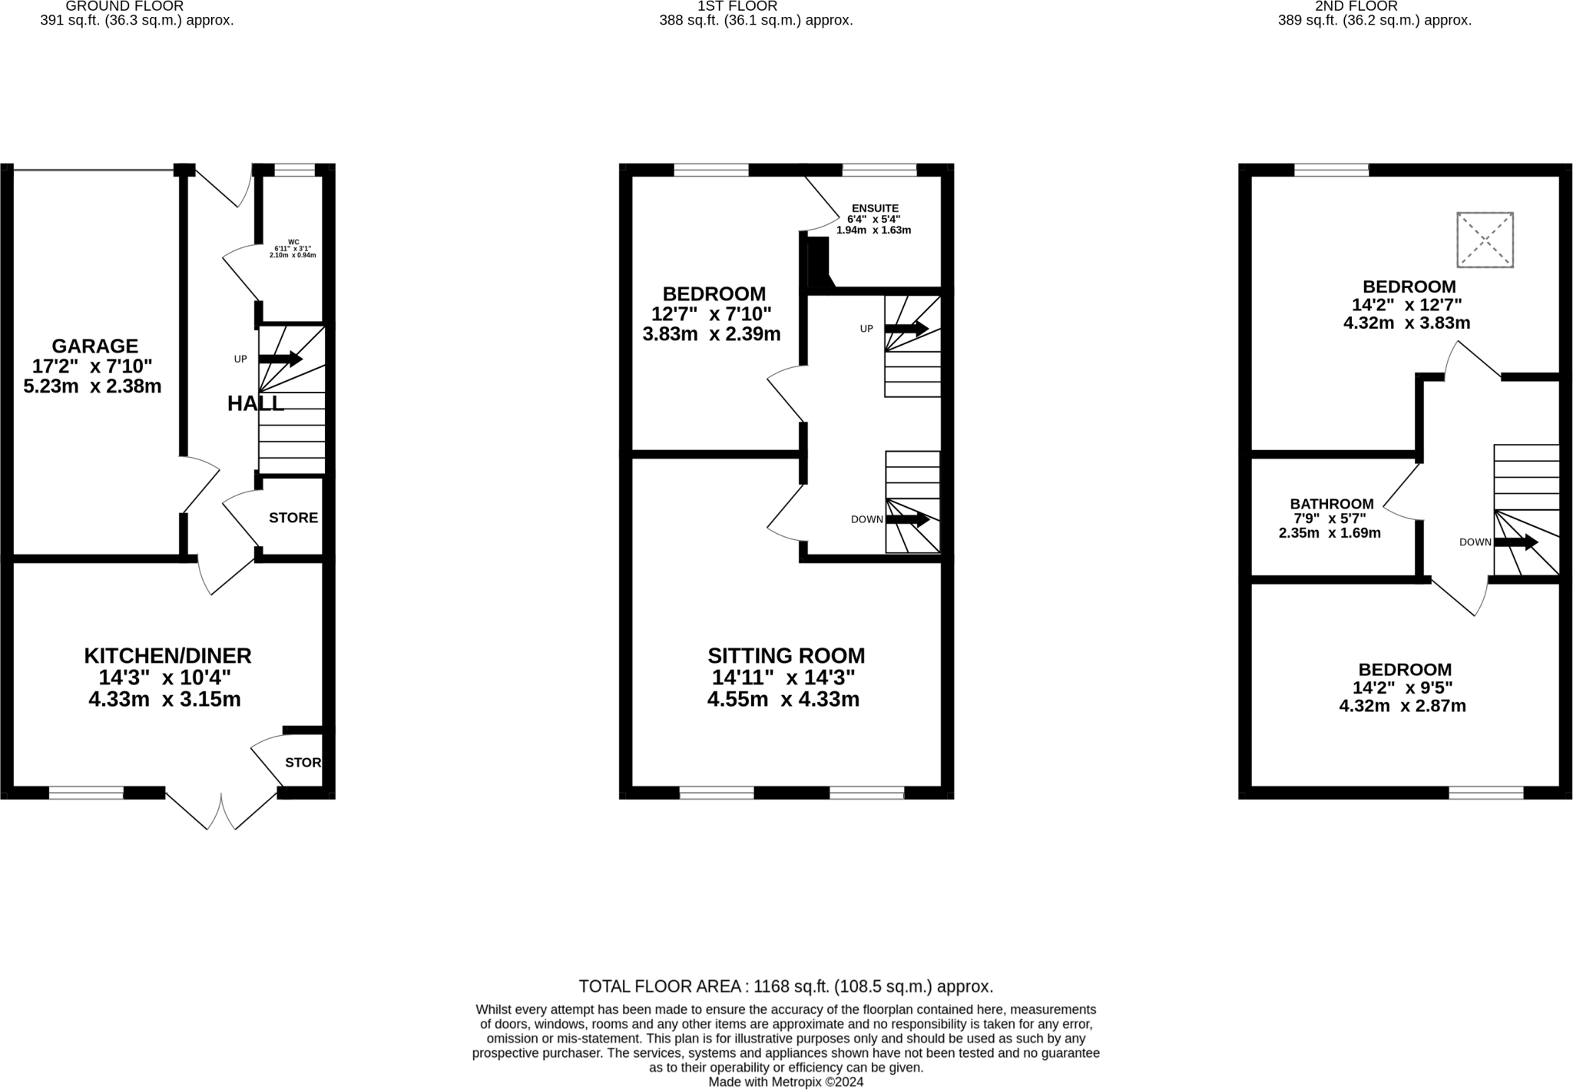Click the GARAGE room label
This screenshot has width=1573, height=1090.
click(94, 346)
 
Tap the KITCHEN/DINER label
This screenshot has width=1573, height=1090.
click(167, 656)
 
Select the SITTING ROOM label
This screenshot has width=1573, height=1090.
click(786, 656)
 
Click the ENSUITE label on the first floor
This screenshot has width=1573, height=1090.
click(874, 208)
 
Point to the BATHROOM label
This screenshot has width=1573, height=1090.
click(1331, 504)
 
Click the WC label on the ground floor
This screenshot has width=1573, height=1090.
click(293, 242)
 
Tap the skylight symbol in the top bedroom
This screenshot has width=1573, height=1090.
click(1485, 240)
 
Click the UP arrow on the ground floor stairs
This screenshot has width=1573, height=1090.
click(280, 359)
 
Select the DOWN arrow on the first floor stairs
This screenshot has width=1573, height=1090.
click(908, 519)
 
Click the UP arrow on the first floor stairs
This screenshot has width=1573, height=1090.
click(906, 329)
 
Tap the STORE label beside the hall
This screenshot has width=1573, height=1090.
click(293, 518)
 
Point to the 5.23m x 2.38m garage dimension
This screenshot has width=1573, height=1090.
click(92, 386)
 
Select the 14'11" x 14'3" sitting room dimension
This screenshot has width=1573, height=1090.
click(783, 678)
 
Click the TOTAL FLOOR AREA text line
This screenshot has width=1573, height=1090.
click(786, 986)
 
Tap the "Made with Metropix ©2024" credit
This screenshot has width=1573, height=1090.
click(786, 1082)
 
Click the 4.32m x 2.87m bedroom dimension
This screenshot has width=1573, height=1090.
click(1402, 706)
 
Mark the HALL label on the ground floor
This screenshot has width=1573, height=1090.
click(255, 403)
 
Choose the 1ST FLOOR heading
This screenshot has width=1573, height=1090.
click(737, 6)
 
